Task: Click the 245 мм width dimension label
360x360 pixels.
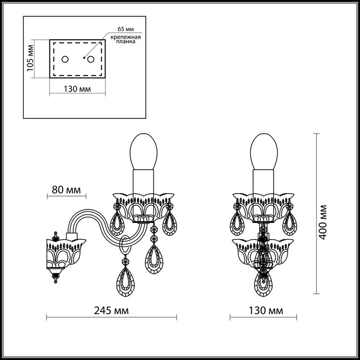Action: (x=111, y=311)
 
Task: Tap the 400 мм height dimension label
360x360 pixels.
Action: (x=323, y=222)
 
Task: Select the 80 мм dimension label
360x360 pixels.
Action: (x=66, y=190)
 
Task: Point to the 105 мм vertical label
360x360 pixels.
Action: (x=30, y=58)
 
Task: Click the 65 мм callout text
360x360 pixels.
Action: (x=126, y=29)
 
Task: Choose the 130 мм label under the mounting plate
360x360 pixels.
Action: (x=77, y=89)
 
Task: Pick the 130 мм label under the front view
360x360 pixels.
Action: (x=266, y=311)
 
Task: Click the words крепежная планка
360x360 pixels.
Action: (x=126, y=39)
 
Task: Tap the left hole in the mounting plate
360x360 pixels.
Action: (x=65, y=59)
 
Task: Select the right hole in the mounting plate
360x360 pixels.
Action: (x=91, y=59)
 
